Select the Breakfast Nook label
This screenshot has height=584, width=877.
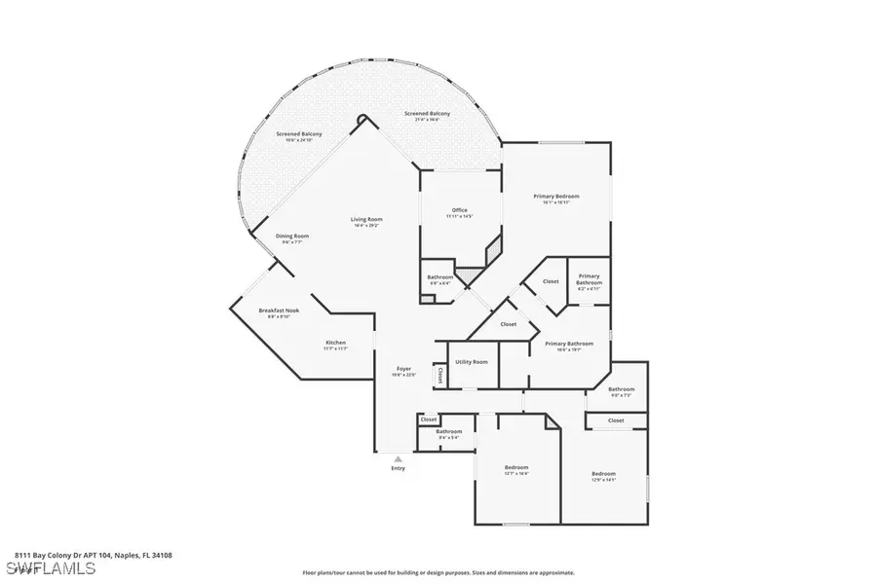(x=279, y=312)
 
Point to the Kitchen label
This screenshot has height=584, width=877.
(x=335, y=344)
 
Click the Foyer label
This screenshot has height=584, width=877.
(x=403, y=370)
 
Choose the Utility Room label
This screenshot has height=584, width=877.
(x=471, y=361)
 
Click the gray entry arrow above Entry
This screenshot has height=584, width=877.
(x=398, y=456)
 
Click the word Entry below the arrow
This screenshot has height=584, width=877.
(x=398, y=468)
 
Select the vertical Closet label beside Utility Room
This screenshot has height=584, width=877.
(x=440, y=374)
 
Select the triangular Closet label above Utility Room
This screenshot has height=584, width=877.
(x=508, y=324)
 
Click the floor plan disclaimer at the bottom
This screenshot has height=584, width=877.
(x=438, y=572)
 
